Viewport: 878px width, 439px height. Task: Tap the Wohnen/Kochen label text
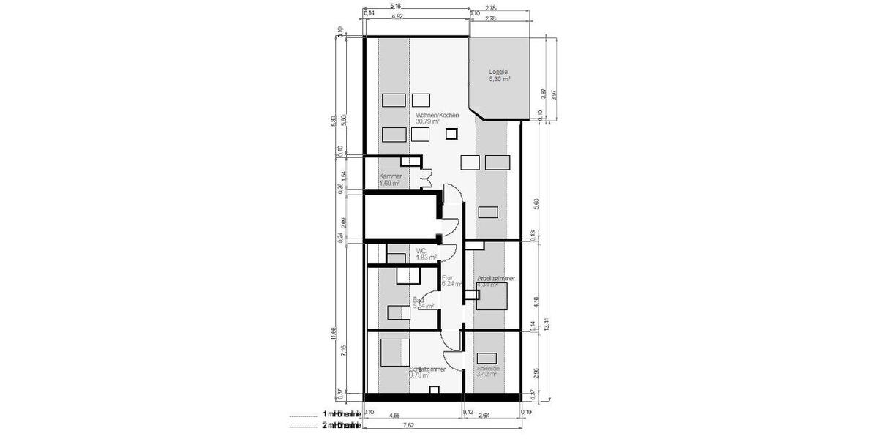tap(437, 116)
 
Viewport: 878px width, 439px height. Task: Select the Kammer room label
tap(390, 176)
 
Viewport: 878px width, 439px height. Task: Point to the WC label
tap(421, 250)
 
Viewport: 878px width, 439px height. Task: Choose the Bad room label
tap(419, 300)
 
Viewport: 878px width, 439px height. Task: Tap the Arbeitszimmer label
tap(495, 279)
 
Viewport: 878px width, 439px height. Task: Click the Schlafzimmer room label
tap(428, 369)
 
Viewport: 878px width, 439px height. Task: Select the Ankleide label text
tap(488, 369)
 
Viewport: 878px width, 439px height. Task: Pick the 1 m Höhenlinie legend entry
tap(341, 415)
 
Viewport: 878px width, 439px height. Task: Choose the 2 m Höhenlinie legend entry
tap(341, 424)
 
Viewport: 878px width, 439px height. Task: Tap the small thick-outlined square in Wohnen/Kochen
tap(451, 133)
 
